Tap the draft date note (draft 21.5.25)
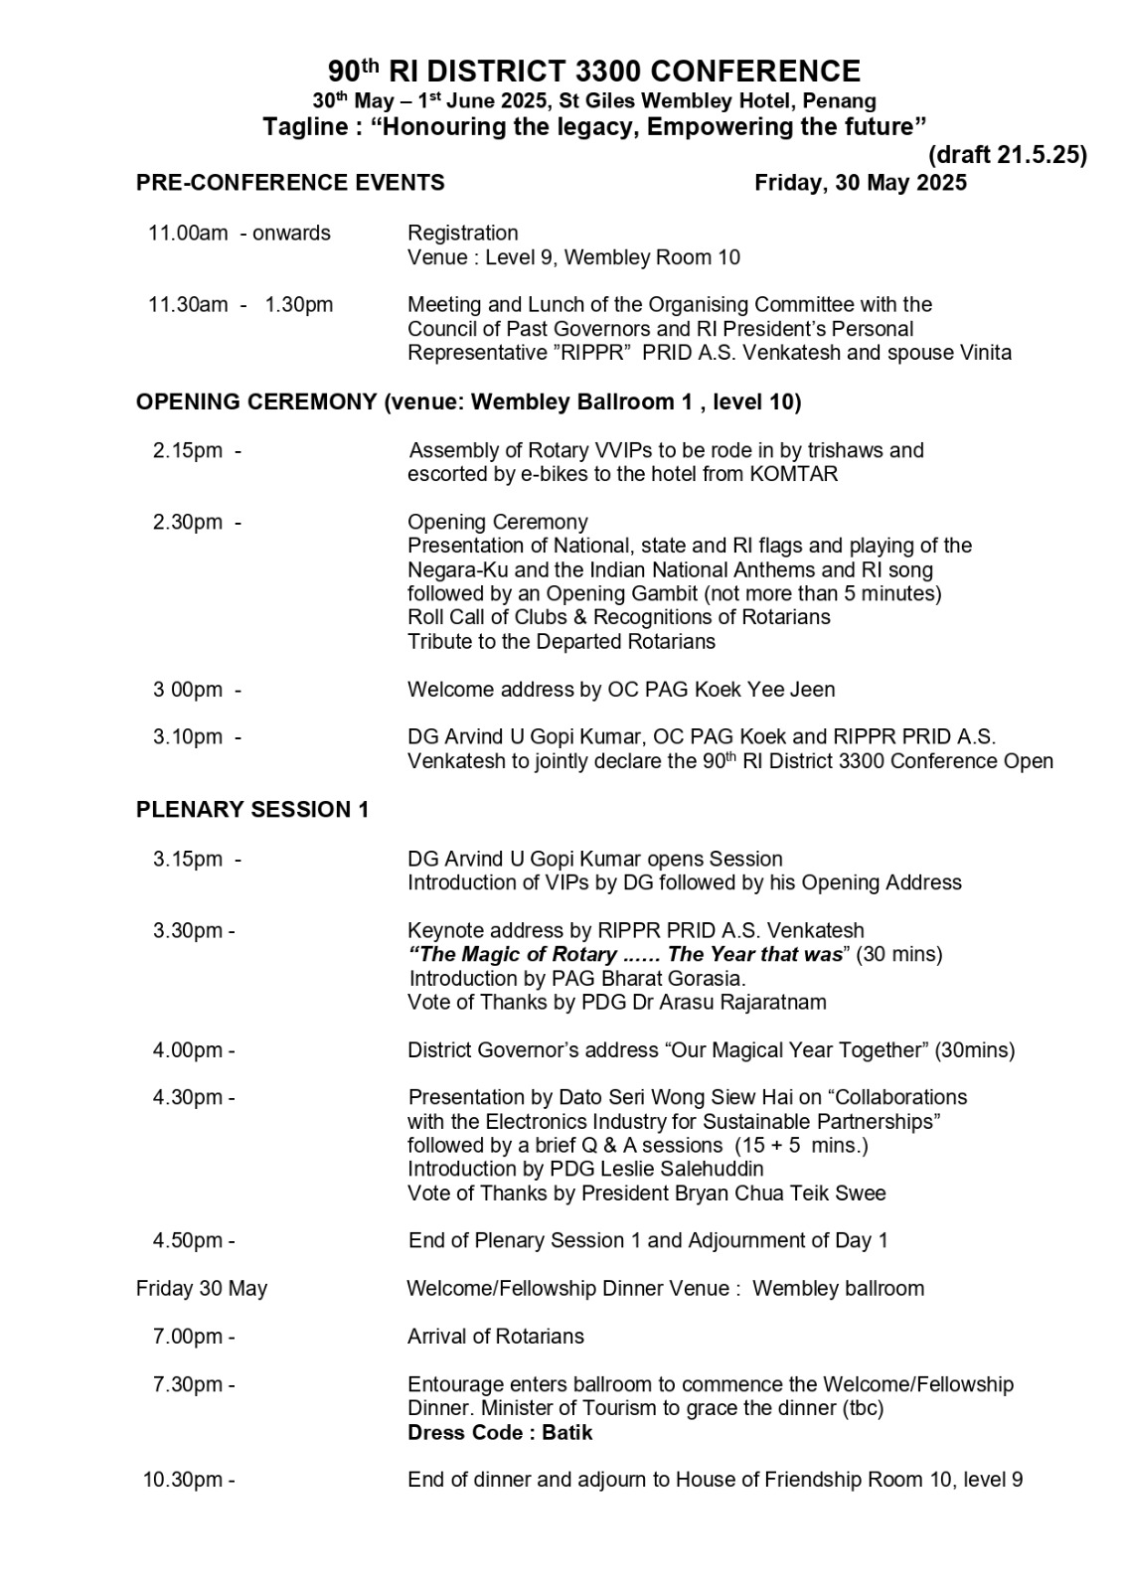(1007, 155)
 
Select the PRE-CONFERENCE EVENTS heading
(290, 183)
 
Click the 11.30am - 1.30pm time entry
(241, 305)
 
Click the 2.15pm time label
(188, 451)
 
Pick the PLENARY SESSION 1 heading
(252, 810)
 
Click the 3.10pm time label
(188, 737)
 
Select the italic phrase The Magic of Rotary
(513, 955)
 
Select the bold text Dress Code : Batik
(500, 1433)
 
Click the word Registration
(462, 234)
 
